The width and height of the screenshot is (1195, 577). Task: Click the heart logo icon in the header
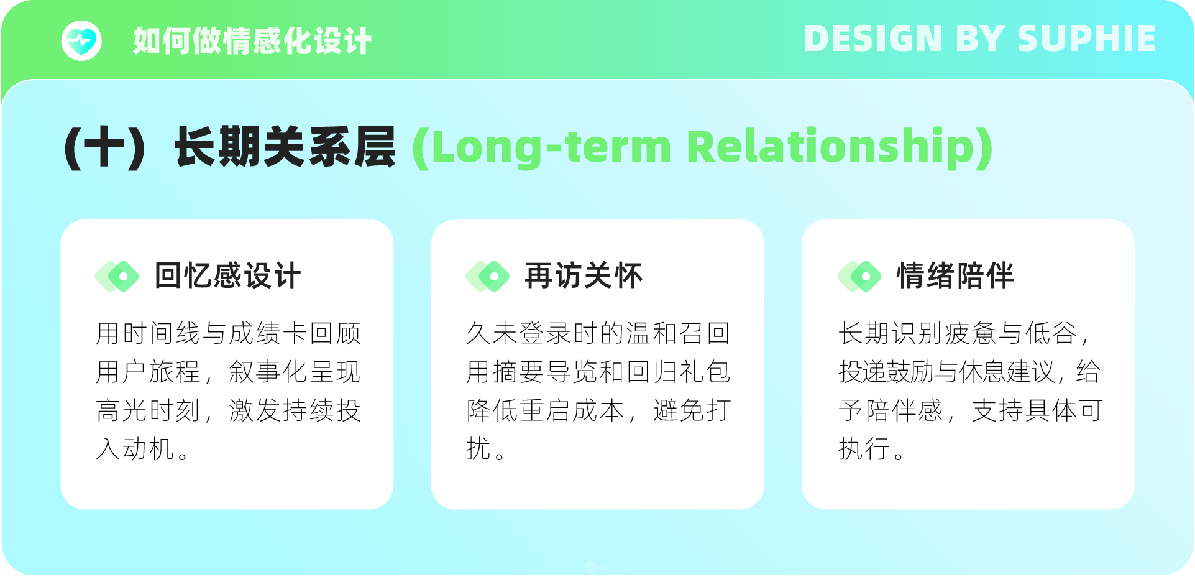tap(81, 41)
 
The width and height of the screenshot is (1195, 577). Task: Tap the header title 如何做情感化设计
tap(252, 41)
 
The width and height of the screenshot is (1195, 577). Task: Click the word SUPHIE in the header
tap(1086, 39)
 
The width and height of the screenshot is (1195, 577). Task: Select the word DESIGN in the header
tap(873, 39)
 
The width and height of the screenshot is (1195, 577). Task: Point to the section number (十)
tap(105, 147)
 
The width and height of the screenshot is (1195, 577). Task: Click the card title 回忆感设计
tap(227, 275)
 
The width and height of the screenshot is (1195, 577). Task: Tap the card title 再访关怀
tap(584, 275)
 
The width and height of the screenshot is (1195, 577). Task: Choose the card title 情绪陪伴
tap(955, 275)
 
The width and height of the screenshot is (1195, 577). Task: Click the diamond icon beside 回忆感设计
tap(117, 276)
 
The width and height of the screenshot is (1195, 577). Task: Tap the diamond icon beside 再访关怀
tap(487, 276)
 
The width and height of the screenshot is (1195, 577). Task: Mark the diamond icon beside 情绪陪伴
tap(859, 276)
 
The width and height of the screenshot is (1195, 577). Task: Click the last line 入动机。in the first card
tap(142, 449)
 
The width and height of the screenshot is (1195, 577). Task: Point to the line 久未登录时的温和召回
tap(598, 333)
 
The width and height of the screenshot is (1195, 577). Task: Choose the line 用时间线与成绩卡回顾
tap(228, 333)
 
